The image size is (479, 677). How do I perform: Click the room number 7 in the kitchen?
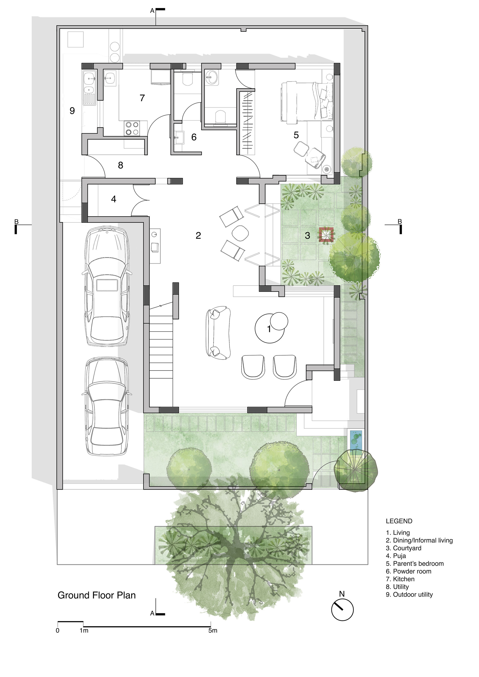click(x=142, y=98)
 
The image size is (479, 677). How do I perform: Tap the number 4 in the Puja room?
click(x=114, y=199)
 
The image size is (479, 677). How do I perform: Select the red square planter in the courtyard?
click(x=326, y=234)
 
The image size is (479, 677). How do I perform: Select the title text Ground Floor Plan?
click(x=97, y=595)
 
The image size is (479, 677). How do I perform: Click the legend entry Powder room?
click(x=409, y=571)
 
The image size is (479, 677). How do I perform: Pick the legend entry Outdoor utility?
click(x=409, y=594)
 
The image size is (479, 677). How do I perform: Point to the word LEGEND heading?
click(x=399, y=521)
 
